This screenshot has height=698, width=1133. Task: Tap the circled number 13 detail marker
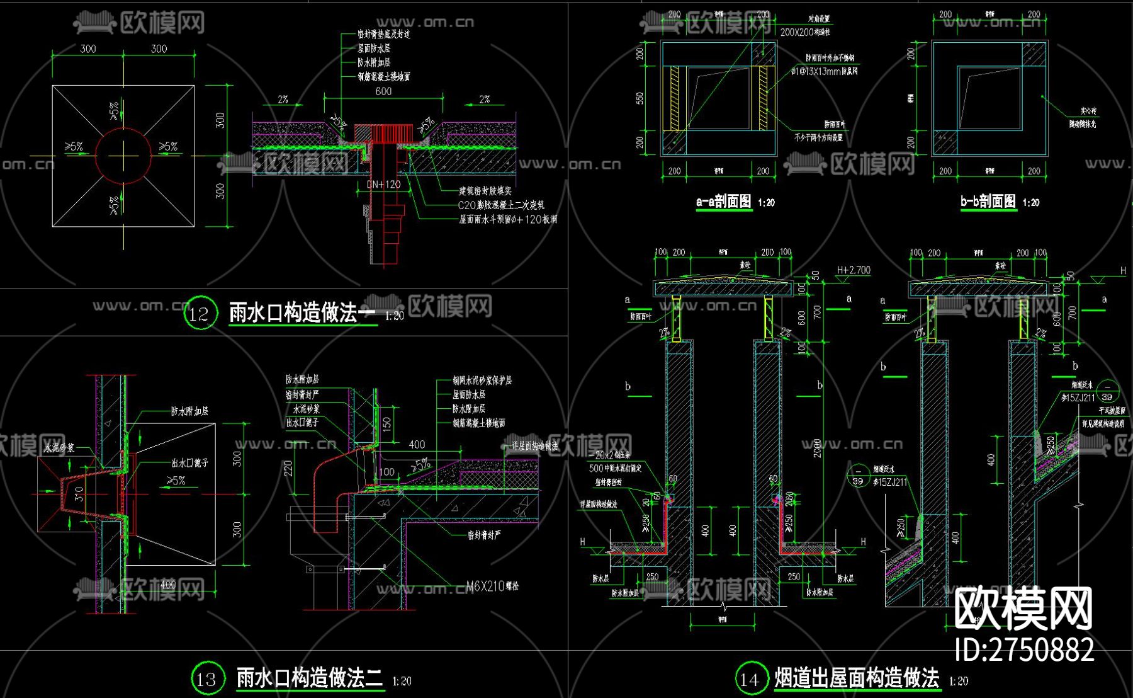pos(207,678)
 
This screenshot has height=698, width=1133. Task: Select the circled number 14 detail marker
pos(750,678)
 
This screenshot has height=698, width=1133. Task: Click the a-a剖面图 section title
pos(724,202)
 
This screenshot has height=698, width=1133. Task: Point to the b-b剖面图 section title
pos(988,202)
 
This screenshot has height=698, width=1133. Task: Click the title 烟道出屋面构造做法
pos(857,678)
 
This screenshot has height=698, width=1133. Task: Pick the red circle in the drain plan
pos(123,156)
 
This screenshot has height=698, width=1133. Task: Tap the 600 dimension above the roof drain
pos(383,91)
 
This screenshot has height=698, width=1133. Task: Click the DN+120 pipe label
pos(384,185)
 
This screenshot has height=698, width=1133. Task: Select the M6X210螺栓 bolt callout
pos(494,586)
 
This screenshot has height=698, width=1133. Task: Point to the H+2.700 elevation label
pos(854,270)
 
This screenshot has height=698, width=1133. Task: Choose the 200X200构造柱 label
pos(805,31)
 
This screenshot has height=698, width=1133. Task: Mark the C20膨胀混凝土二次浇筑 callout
pos(501,205)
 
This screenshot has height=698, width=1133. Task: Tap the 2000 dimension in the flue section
pos(817,448)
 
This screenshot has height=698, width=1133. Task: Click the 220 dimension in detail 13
pos(288,468)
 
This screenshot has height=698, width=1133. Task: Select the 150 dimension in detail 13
pos(386,423)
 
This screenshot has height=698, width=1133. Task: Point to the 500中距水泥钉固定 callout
pos(615,468)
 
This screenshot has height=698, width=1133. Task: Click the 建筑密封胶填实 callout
pos(485,190)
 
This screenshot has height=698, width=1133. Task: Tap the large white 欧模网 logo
pos(1023,609)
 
